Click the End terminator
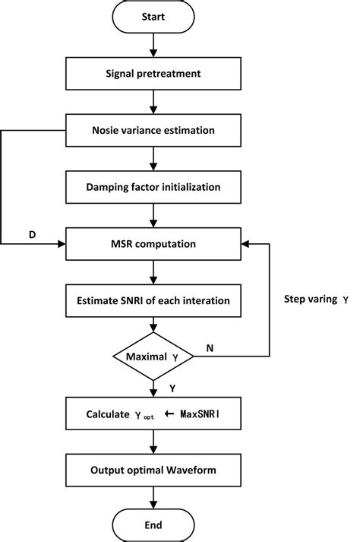156,525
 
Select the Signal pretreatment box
156,74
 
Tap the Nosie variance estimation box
156,130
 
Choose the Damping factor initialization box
156,186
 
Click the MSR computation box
156,243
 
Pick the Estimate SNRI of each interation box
156,300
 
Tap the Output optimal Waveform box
156,470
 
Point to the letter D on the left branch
32,234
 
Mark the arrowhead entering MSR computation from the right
245,243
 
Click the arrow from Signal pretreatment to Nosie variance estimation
156,102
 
